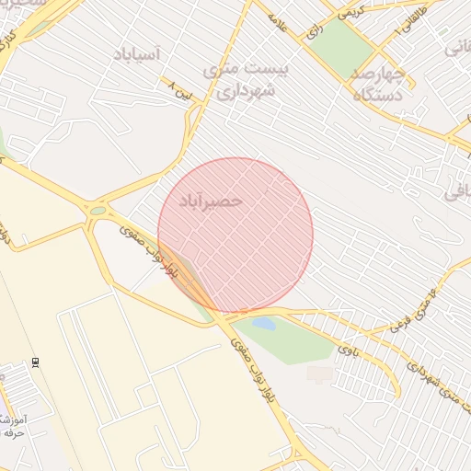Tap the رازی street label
pyautogui.click(x=316, y=32)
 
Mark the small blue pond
pyautogui.click(x=263, y=324)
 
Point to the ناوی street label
pyautogui.click(x=346, y=349)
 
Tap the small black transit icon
pyautogui.click(x=36, y=362)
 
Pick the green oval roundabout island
pyautogui.click(x=98, y=211)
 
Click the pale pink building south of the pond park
pyautogui.click(x=320, y=373)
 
